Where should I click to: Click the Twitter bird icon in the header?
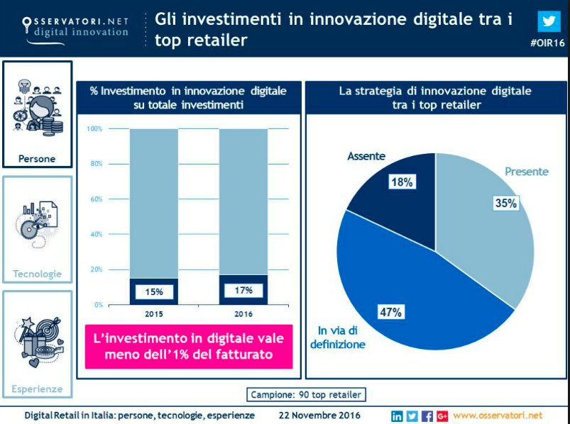pos(547,21)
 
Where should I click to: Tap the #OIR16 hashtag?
pos(547,44)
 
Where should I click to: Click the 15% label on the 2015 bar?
pos(154,291)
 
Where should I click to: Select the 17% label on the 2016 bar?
pos(243,290)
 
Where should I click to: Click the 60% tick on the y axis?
pos(94,199)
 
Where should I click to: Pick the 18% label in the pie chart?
pos(401,182)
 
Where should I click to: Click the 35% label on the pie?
pos(505,203)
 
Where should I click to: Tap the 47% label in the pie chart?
pos(390,312)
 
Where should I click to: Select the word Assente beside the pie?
pos(366,156)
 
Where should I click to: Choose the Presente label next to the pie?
pos(526,172)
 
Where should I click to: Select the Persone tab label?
pos(37,158)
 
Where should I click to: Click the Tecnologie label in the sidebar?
pos(37,274)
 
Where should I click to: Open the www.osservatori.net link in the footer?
pos(497,415)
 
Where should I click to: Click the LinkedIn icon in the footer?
pos(397,415)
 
